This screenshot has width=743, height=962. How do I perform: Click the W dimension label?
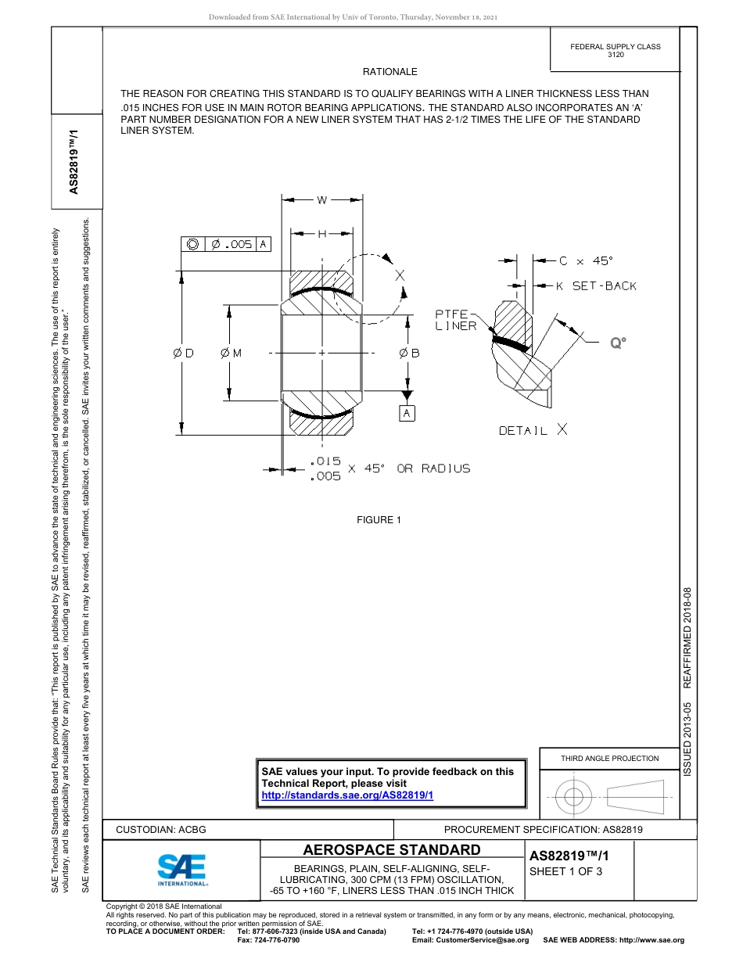(x=322, y=200)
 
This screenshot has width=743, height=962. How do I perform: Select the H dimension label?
(x=322, y=233)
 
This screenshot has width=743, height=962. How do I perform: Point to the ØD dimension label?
(x=183, y=354)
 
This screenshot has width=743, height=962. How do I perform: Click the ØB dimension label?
(x=409, y=354)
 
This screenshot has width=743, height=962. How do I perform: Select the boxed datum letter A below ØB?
(x=407, y=413)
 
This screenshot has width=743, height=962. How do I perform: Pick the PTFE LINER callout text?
(x=456, y=320)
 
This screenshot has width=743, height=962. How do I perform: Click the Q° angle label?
(x=619, y=342)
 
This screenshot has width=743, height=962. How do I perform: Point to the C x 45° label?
(x=586, y=261)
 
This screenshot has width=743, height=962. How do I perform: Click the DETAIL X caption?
(x=533, y=430)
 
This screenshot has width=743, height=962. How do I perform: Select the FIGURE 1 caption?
(x=379, y=520)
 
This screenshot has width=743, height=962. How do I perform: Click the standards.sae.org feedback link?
(x=347, y=795)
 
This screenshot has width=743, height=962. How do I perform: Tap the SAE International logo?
(x=182, y=869)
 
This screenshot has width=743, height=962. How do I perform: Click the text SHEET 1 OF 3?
(x=566, y=872)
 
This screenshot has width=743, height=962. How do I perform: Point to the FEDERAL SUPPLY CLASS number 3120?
(x=616, y=56)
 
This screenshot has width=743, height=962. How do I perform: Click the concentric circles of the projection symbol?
(x=574, y=797)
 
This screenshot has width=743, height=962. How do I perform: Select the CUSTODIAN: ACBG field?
(x=161, y=830)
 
